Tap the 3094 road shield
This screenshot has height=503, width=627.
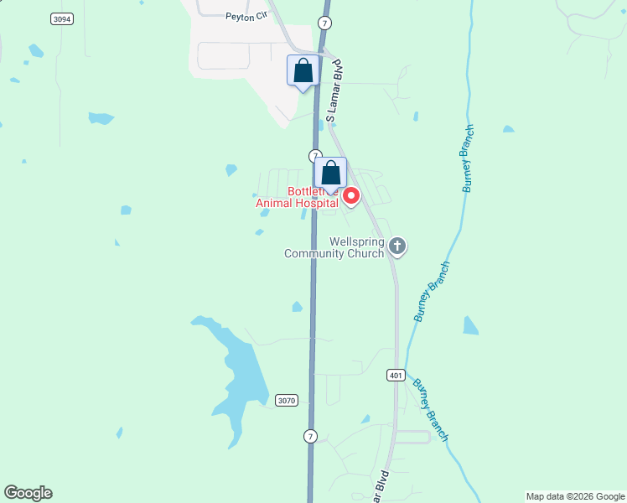click(61, 18)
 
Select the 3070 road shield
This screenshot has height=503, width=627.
click(286, 401)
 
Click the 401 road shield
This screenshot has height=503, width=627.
click(396, 375)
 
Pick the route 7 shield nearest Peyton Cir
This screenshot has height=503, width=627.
click(324, 22)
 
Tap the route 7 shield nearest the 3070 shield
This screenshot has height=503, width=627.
click(310, 436)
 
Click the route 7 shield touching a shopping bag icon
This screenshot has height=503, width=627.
click(314, 156)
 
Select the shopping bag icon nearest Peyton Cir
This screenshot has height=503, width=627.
click(303, 70)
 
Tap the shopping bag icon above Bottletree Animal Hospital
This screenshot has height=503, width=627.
click(331, 174)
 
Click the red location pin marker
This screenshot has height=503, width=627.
click(351, 196)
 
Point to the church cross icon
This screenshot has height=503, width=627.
click(396, 246)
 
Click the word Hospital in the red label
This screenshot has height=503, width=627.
click(311, 203)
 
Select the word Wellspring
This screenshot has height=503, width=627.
click(356, 241)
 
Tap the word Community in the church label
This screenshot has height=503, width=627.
click(317, 253)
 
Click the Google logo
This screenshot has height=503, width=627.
click(28, 493)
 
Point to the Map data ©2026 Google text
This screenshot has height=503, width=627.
click(575, 496)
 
